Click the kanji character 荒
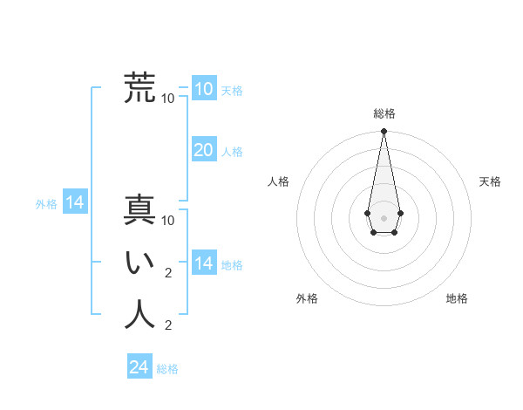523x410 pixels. pos(140,88)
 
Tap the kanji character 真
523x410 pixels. pos(140,210)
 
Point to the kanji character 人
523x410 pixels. pos(140,314)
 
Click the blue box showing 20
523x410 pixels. pos(204,150)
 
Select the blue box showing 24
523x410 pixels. pos(139,367)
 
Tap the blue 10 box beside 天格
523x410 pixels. pos(204,89)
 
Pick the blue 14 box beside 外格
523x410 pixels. pos(75,203)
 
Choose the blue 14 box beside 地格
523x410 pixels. pos(204,263)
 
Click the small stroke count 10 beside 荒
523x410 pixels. pos(168,99)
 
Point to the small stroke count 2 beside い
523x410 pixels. pos(168,273)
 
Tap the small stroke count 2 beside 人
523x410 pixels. pos(168,325)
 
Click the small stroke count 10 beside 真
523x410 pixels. pos(168,221)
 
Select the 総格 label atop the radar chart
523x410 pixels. pos(384,113)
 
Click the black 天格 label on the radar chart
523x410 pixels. pos(490,181)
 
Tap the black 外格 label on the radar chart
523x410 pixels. pos(307,298)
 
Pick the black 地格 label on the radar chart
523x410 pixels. pos(457,298)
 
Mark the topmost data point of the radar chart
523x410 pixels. pos(384,132)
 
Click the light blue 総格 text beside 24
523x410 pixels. pos(167,369)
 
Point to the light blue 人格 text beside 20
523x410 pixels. pos(232,152)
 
